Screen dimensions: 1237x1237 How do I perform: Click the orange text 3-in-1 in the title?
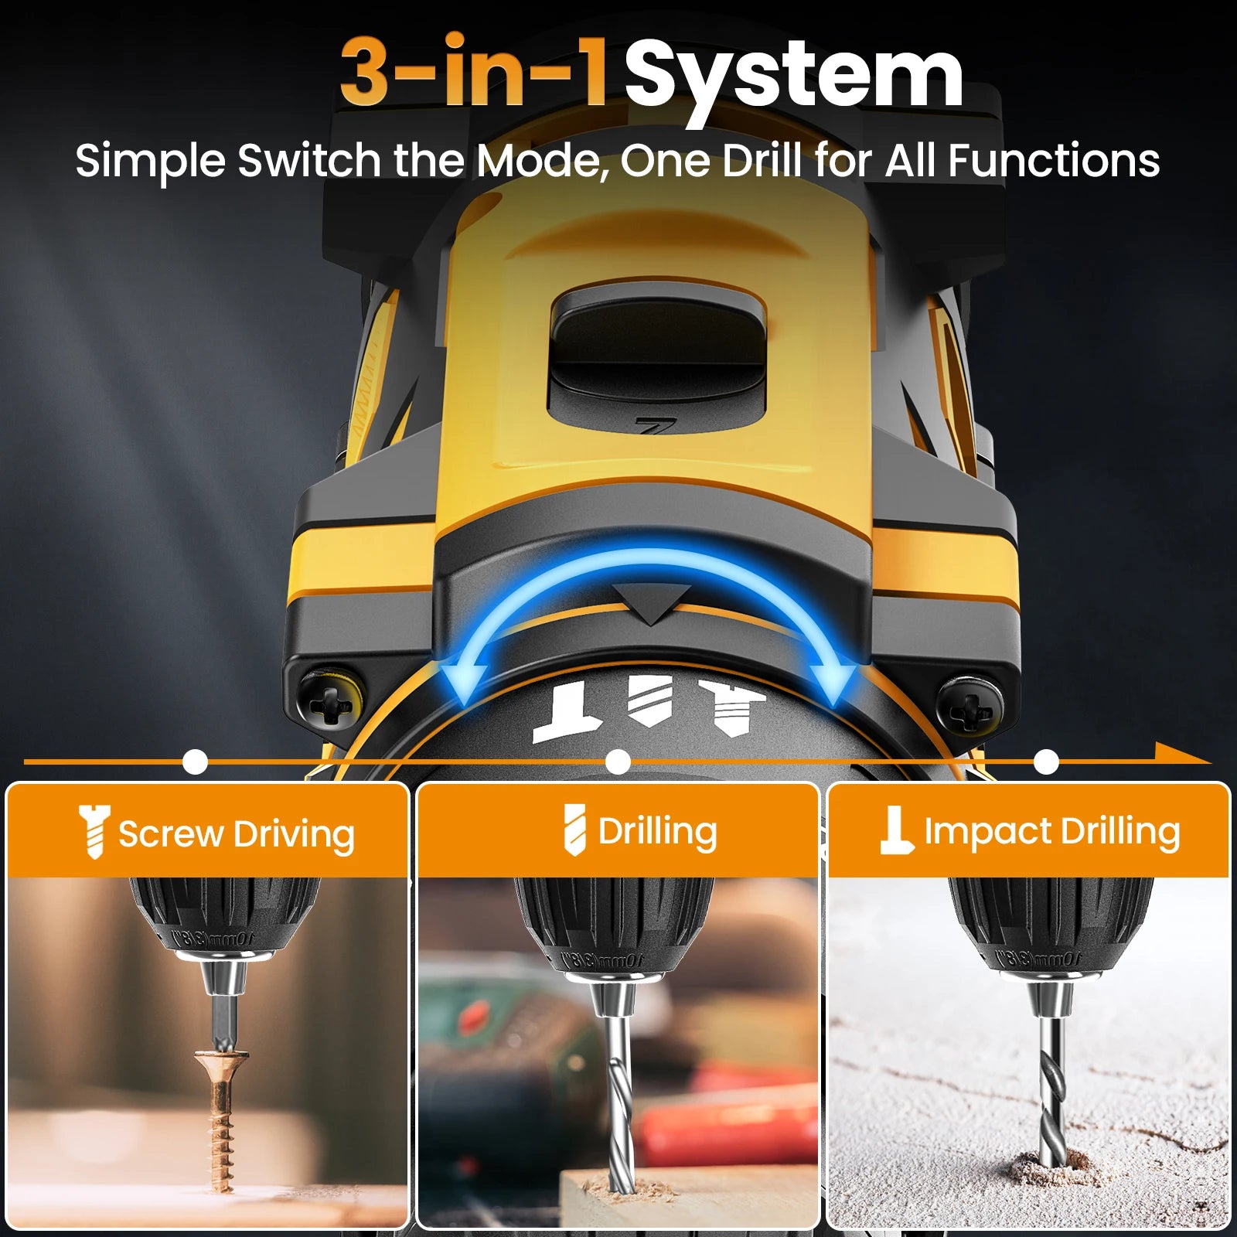pos(473,72)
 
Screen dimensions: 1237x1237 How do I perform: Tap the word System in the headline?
pos(794,75)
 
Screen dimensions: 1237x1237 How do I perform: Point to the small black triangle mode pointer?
pos(652,602)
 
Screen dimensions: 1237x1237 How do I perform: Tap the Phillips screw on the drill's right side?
pos(970,705)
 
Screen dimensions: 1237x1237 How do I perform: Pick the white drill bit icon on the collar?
pos(649,700)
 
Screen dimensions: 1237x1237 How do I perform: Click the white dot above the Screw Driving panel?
pos(196,762)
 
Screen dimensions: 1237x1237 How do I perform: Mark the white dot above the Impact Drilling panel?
pos(1046,762)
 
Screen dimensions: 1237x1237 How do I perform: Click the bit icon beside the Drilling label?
pos(574,830)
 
